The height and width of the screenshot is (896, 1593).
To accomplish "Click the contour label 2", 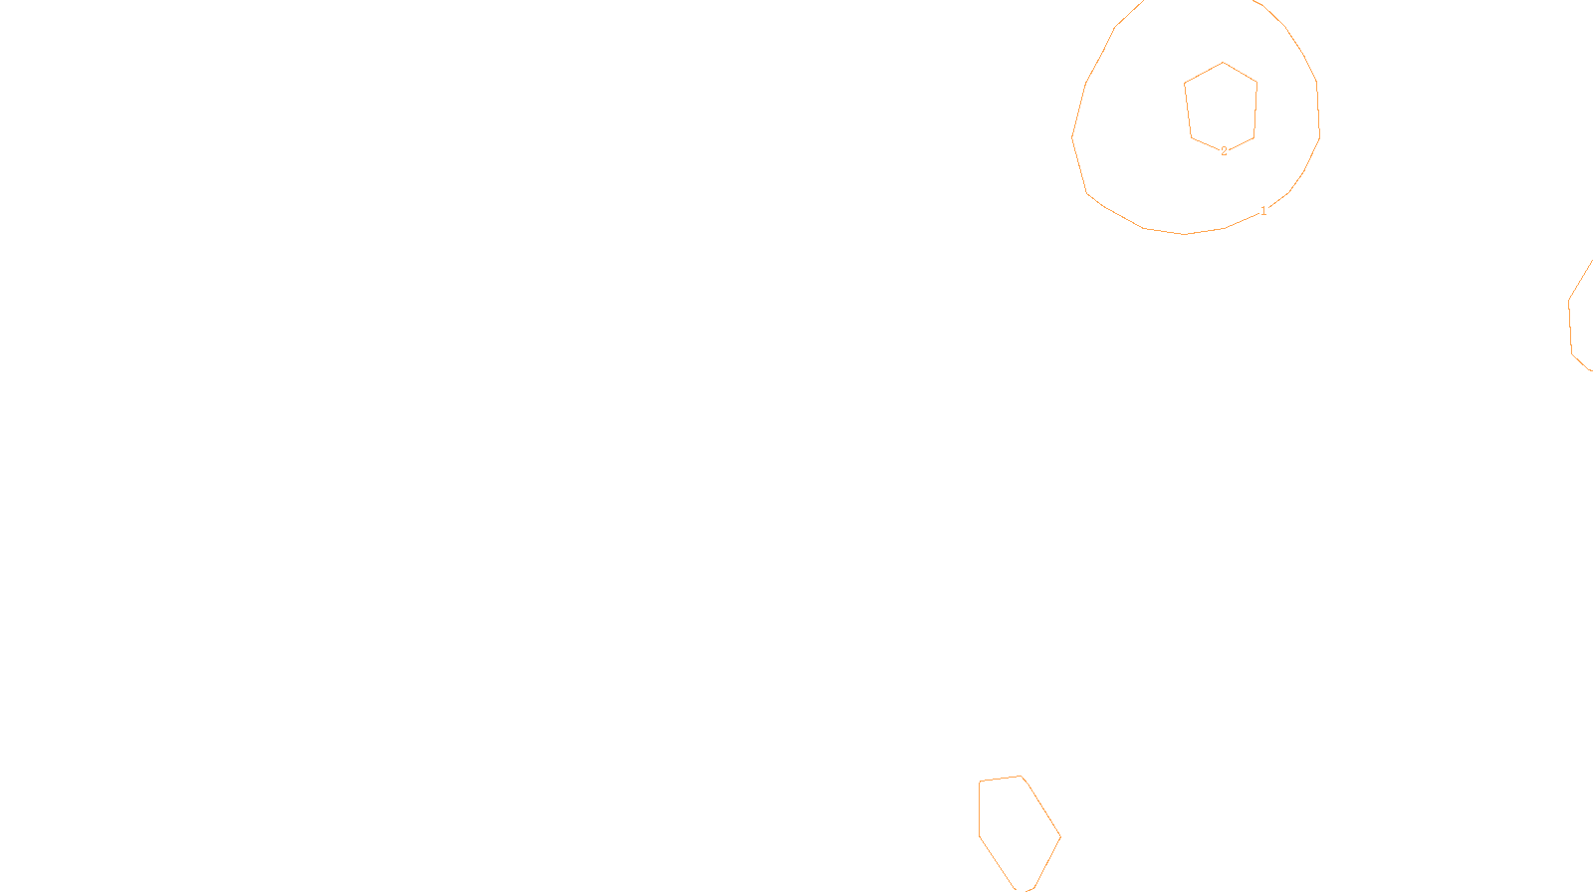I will coord(1224,151).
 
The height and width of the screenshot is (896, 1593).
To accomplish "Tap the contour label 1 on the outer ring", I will coord(1263,211).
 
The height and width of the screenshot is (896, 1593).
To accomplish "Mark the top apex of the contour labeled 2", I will coord(1223,63).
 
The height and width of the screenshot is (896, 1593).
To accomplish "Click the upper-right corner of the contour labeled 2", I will coord(1256,83).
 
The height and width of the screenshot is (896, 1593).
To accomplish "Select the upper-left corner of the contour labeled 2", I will coord(1185,83).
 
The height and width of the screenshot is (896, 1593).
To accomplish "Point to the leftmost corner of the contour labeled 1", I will coord(1072,136).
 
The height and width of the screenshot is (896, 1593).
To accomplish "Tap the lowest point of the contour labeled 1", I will coord(1186,234).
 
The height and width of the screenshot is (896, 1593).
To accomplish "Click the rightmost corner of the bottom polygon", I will coord(1060,836).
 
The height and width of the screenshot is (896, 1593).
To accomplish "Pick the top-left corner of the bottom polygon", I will coord(981,782).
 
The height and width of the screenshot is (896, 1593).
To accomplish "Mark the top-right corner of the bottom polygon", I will coord(1022,777).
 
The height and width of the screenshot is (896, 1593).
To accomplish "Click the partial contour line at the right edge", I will coord(1570,319).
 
